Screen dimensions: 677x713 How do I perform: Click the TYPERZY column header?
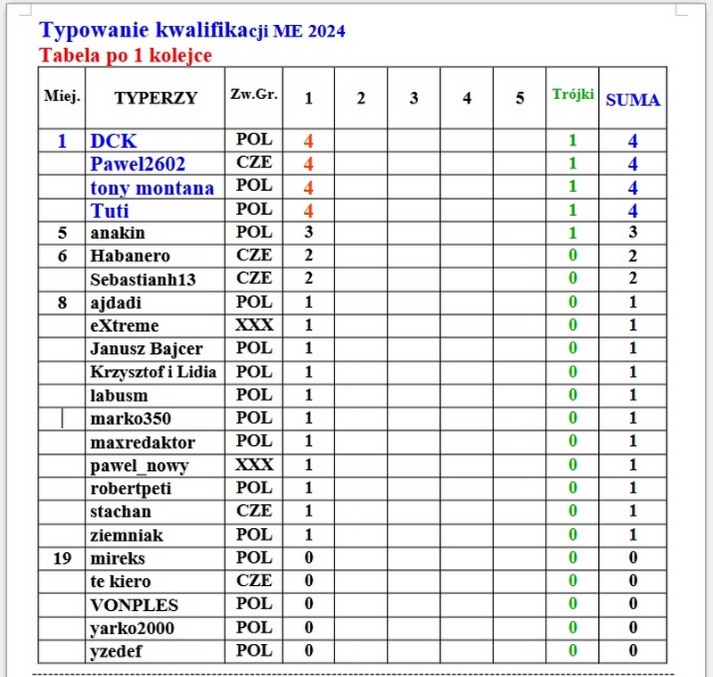tap(155, 98)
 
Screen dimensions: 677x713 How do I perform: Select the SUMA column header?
tap(633, 100)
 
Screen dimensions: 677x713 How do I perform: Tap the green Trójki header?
tap(573, 94)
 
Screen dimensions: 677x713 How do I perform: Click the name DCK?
tap(113, 141)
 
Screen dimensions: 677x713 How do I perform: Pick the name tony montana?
tap(152, 187)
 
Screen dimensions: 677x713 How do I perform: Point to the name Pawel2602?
tap(137, 164)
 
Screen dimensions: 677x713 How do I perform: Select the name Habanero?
tap(130, 256)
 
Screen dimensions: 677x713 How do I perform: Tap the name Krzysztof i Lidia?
tap(154, 372)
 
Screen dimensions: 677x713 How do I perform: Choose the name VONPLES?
tap(134, 605)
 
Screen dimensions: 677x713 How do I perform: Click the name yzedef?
tap(116, 651)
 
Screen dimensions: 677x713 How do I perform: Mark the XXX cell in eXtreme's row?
tap(254, 325)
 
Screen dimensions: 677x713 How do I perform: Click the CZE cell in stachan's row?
tap(254, 511)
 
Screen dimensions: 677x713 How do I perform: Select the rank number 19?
tap(61, 558)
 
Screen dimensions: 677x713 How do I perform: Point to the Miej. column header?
tap(61, 95)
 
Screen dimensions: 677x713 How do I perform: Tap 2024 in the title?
tap(327, 33)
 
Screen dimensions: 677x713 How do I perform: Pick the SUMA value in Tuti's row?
tap(633, 211)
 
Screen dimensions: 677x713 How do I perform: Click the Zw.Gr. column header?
tap(253, 95)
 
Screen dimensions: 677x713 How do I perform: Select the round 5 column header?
tap(520, 98)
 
